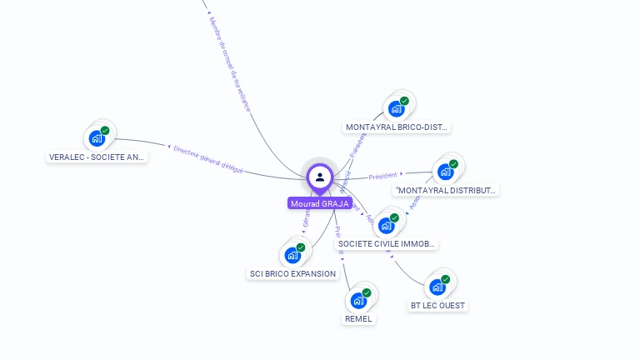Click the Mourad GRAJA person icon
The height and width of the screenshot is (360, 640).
point(320,177)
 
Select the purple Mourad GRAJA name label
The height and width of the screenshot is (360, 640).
point(320,203)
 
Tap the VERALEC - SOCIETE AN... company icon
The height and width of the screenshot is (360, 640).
point(98,138)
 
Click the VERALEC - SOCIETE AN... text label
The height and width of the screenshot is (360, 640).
point(97,157)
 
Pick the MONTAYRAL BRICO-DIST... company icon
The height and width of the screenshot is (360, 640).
point(397,109)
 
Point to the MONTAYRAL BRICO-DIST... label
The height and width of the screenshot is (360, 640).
point(397,127)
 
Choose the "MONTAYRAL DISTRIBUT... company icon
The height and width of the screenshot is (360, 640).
point(446,172)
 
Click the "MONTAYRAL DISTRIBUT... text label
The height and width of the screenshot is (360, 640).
point(446,190)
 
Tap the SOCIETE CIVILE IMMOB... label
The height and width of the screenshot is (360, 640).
point(387,243)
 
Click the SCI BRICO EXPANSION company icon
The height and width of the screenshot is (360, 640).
point(292,255)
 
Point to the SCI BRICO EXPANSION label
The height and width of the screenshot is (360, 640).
point(292,273)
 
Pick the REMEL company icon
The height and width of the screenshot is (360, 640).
point(358,300)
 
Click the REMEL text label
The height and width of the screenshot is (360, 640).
point(359,318)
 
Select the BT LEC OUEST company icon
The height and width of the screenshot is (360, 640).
point(437,287)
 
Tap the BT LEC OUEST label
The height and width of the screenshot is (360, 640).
point(437,305)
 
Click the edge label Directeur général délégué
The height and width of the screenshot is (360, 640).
point(208,158)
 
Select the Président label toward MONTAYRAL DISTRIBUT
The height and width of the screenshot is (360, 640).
point(382,176)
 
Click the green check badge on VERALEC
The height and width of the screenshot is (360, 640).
point(105,131)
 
